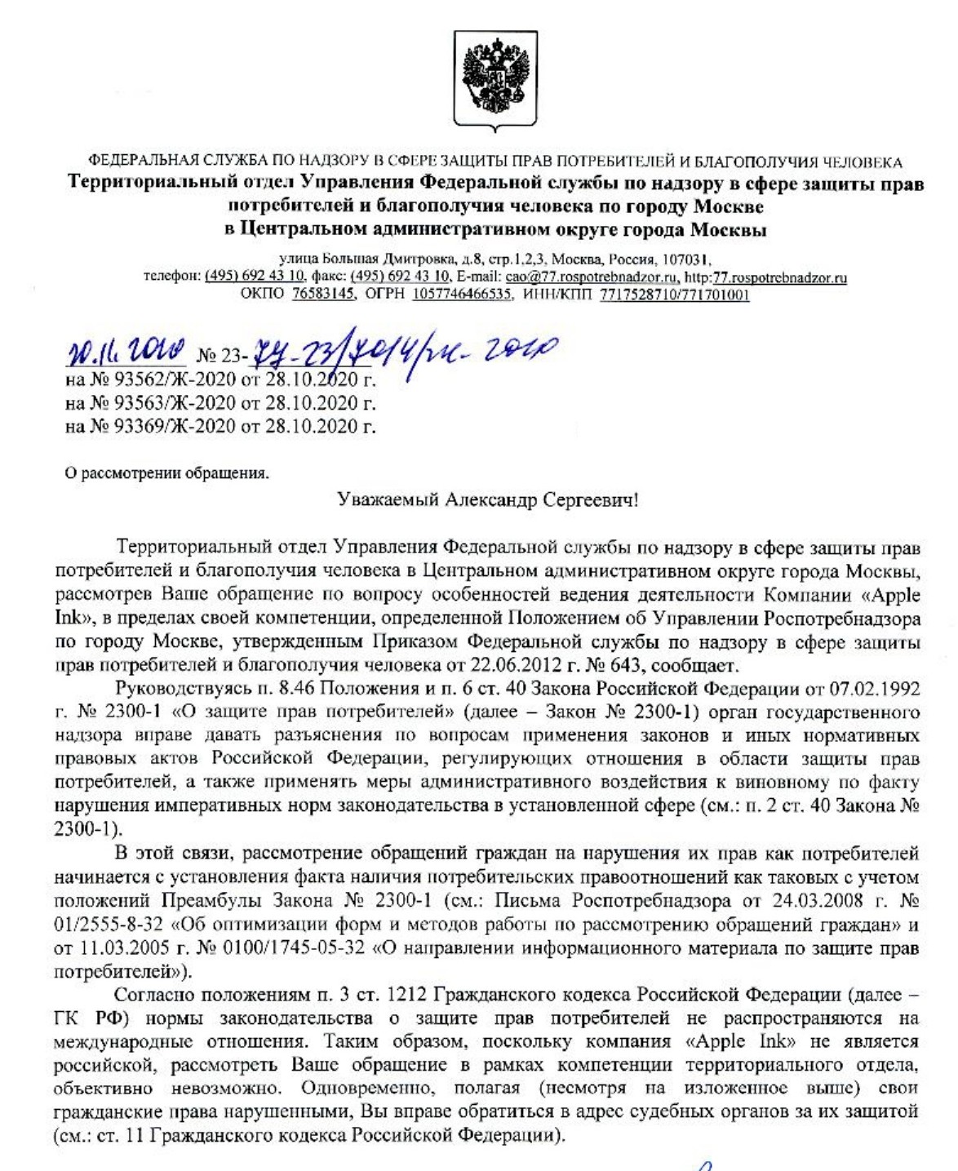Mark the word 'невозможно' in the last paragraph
tap(250, 1089)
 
